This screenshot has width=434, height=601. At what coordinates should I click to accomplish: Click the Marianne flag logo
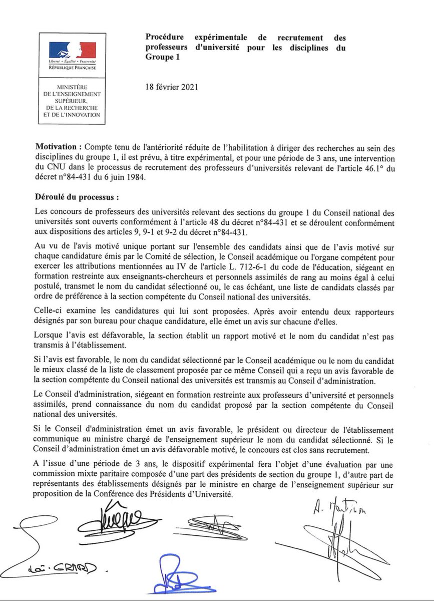click(x=72, y=50)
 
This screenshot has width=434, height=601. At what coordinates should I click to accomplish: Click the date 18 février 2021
click(x=171, y=87)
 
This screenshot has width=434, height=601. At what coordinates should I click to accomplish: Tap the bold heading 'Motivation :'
click(x=58, y=149)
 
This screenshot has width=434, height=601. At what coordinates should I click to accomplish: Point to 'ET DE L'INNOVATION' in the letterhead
click(x=72, y=115)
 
